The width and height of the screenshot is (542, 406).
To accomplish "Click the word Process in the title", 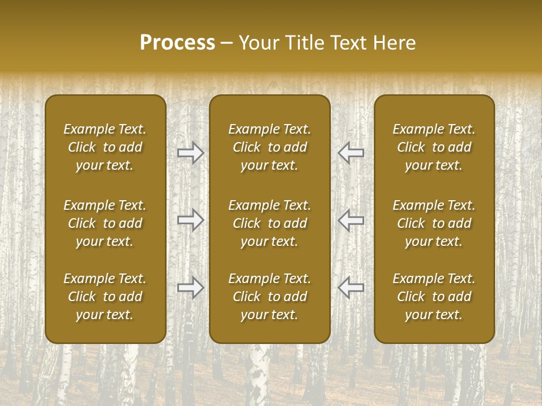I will click(x=177, y=43).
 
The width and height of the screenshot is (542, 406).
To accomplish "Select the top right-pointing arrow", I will click(x=191, y=153).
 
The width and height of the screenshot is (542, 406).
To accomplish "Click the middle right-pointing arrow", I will click(x=191, y=220).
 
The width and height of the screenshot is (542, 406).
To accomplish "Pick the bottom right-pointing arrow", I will click(x=191, y=288).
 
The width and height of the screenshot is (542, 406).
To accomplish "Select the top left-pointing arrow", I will click(x=351, y=153).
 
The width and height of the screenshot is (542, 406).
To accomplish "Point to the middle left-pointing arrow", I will click(x=351, y=220).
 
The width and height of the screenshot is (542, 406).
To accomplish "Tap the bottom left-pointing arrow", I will click(x=351, y=288).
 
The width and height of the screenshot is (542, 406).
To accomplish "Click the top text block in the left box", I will click(x=105, y=147).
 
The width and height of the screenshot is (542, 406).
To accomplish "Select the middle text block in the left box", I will click(x=105, y=223).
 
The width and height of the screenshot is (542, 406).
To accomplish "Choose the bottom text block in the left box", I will click(x=105, y=297).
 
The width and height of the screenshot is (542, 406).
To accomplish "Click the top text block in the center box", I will click(x=270, y=147).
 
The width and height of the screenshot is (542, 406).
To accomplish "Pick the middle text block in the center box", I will click(x=270, y=223).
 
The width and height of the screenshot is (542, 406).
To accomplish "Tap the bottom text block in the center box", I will click(x=270, y=297).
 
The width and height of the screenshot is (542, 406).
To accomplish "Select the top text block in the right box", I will click(x=434, y=147).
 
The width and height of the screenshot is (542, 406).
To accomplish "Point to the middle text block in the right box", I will click(x=434, y=223).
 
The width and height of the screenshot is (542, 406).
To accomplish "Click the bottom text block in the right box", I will click(x=434, y=297).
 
